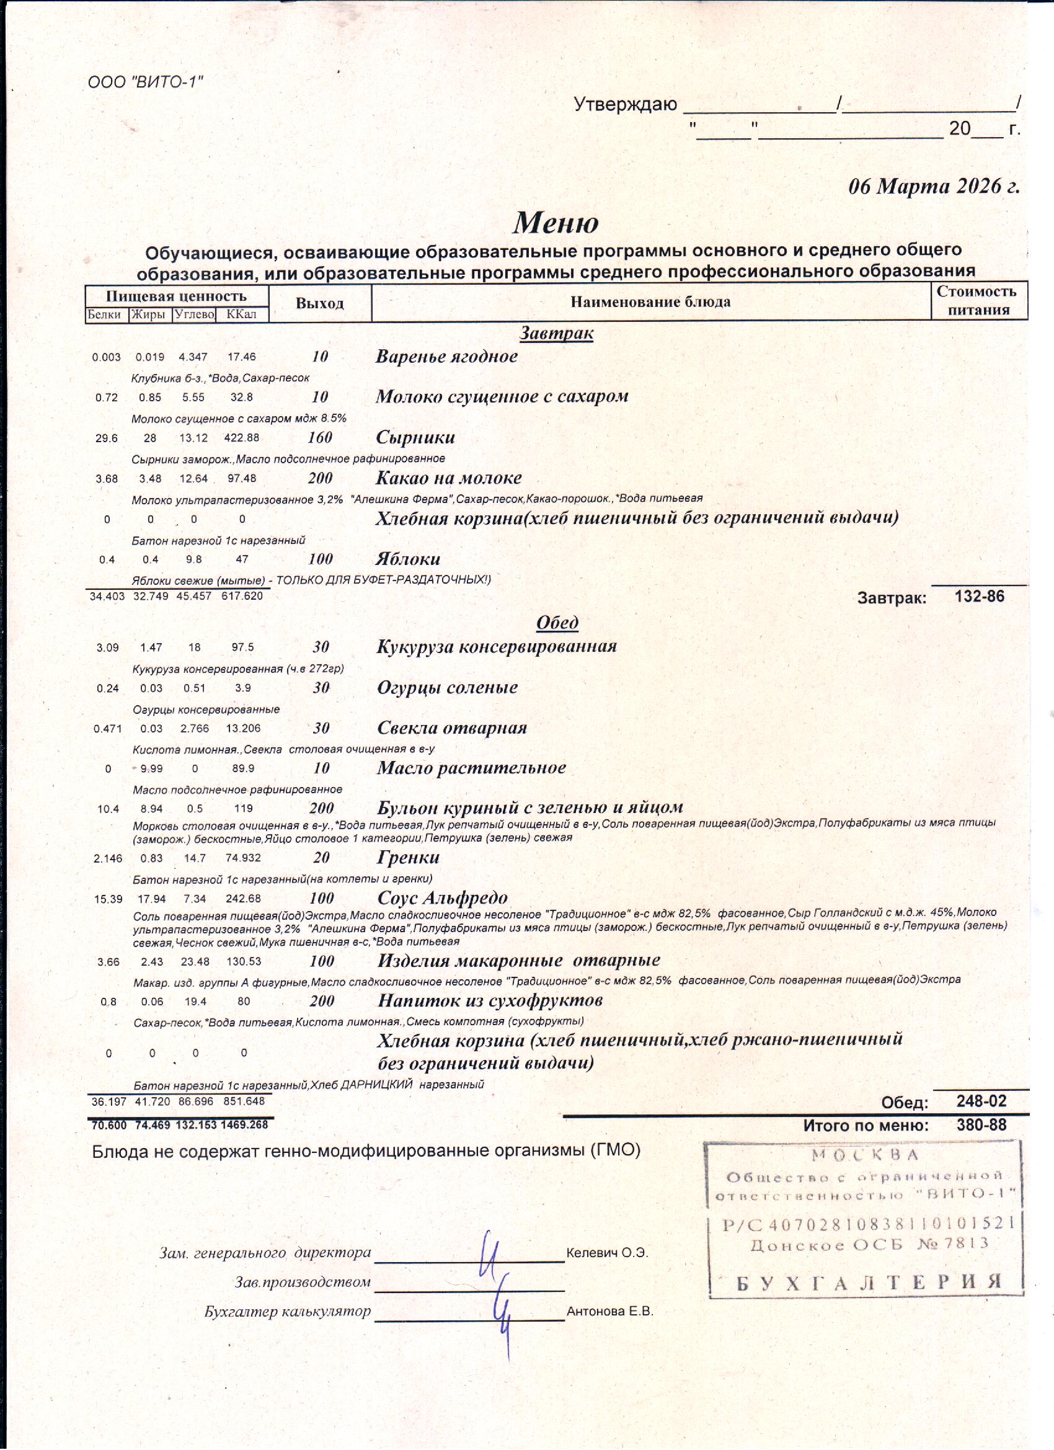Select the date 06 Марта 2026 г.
coord(933,186)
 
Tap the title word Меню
coord(556,222)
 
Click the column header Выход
coord(319,303)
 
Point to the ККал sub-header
coord(241,314)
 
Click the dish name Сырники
coord(415,437)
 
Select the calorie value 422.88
coord(242,438)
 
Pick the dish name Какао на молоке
coord(449,478)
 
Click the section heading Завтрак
coord(556,333)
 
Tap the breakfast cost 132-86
coord(979,597)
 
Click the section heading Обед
coord(557,622)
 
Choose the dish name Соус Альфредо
coord(442,897)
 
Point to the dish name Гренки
coord(409,857)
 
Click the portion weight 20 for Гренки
coord(322,857)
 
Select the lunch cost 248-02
coord(981,1101)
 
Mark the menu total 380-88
coord(981,1124)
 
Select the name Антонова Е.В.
coord(610,1312)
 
